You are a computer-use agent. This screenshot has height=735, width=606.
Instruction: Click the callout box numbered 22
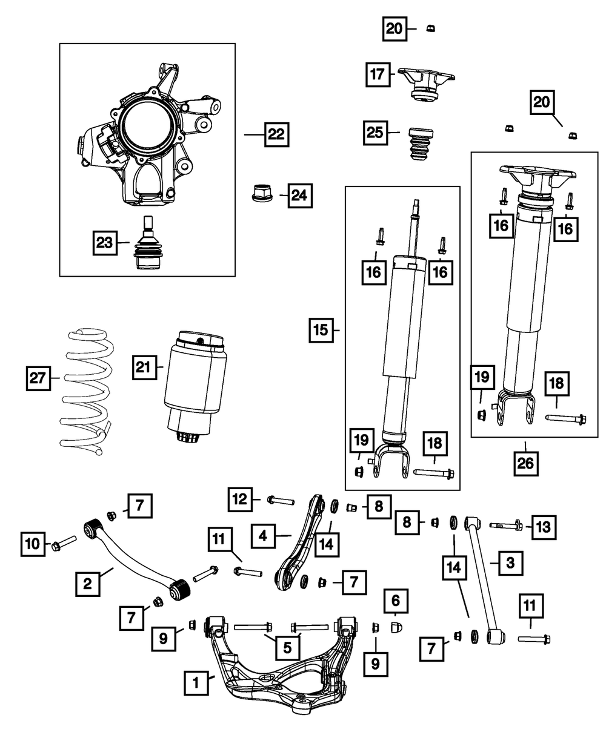coord(276,134)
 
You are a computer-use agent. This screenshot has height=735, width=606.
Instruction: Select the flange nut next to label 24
coord(261,194)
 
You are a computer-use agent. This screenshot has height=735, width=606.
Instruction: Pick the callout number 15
coord(320,331)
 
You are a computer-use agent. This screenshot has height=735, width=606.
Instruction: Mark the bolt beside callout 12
coord(280,500)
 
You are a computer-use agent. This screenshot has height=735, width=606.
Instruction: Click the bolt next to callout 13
coord(505,525)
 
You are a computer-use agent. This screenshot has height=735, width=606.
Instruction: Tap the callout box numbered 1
coord(196,684)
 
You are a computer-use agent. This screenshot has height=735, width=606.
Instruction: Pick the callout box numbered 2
coord(88,584)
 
